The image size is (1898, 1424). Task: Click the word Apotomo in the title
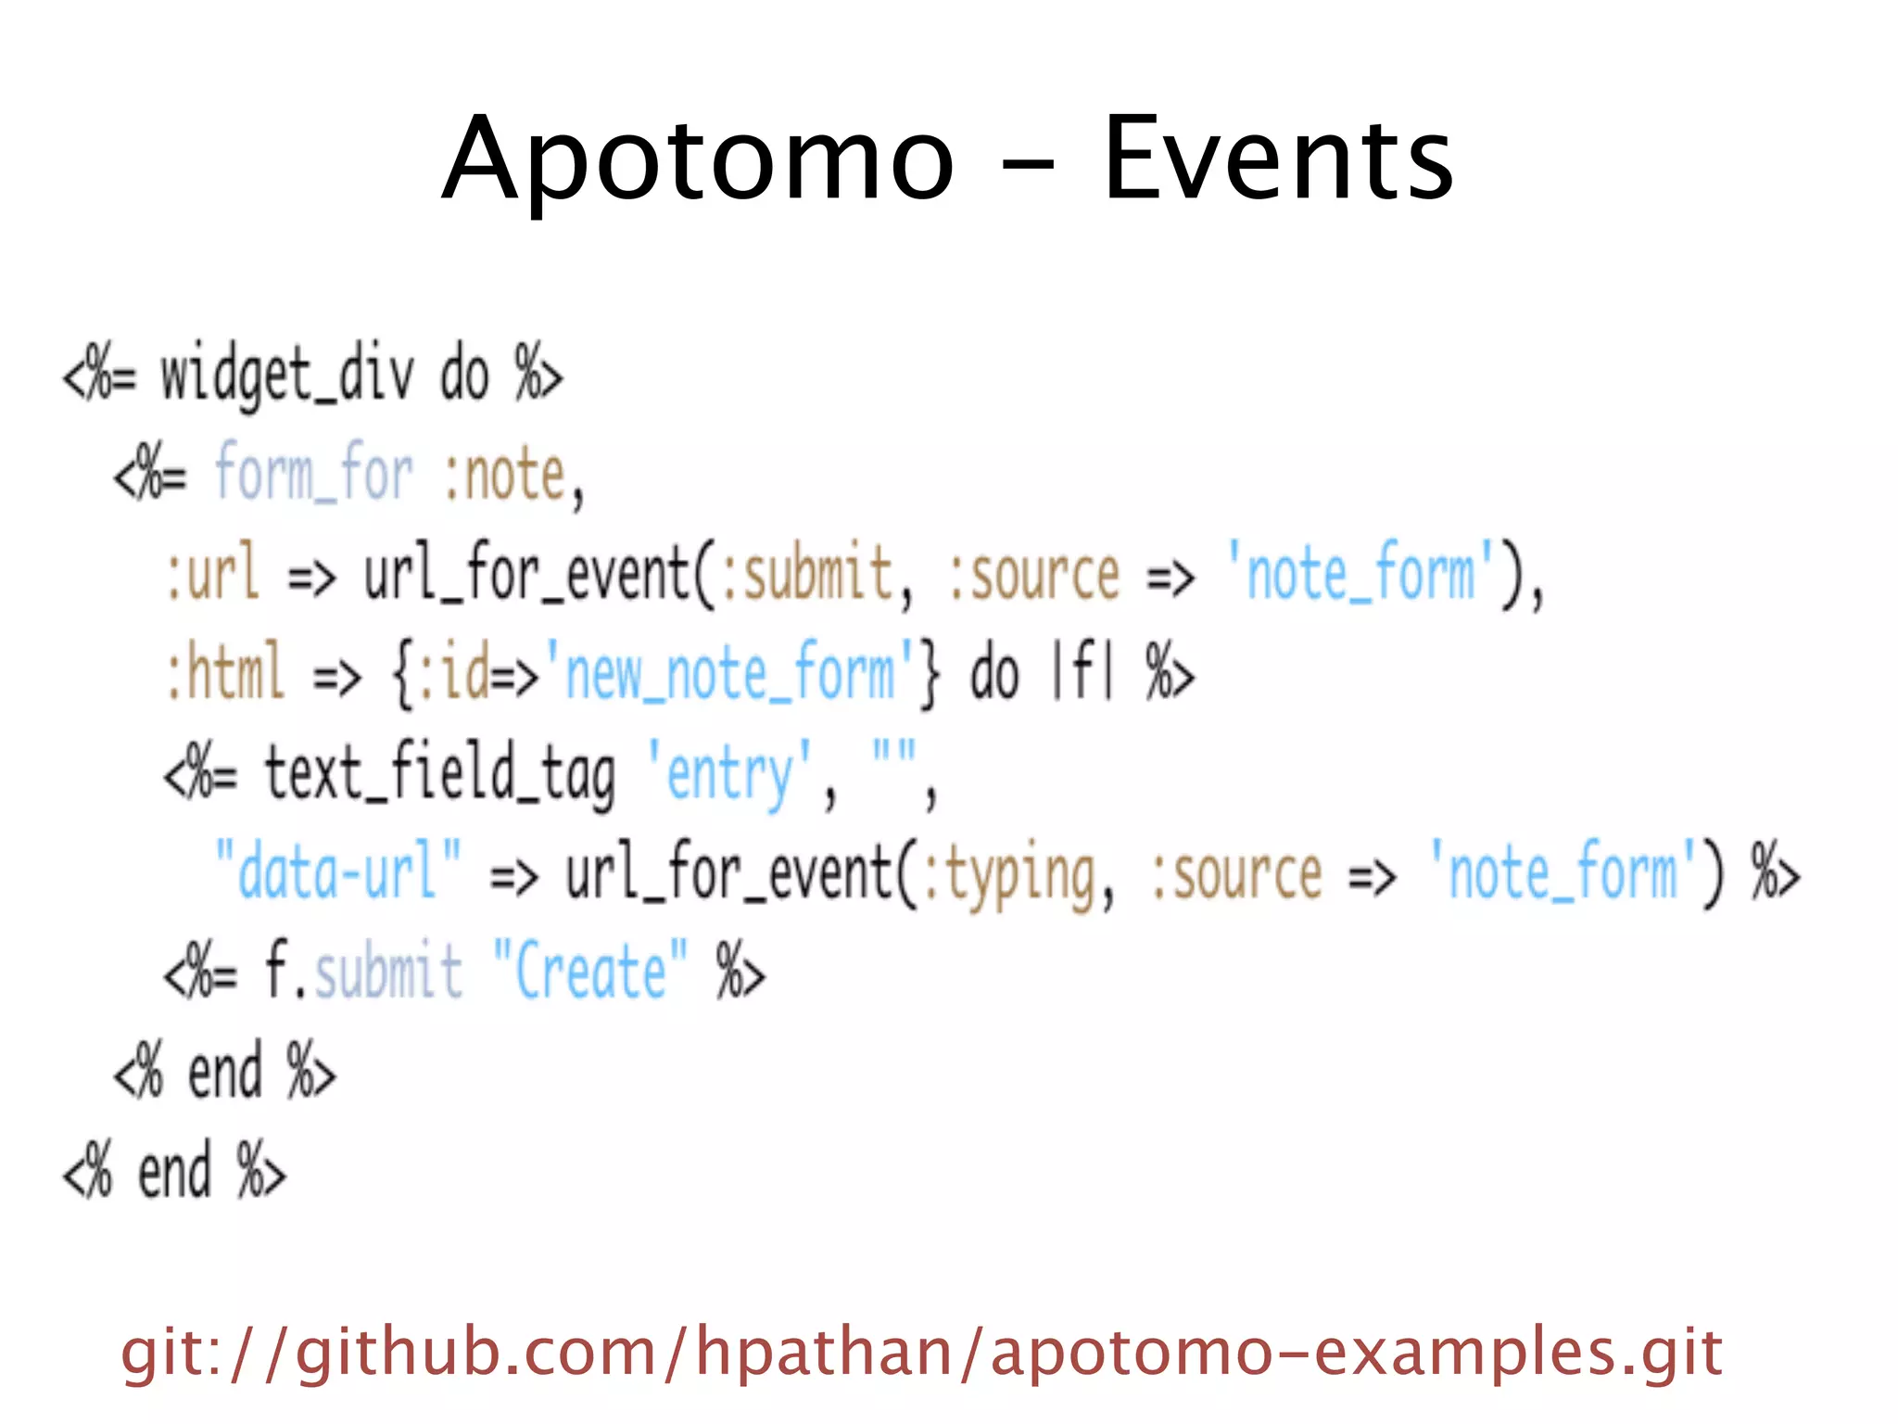[x=697, y=159]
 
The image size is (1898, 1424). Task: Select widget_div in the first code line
[x=287, y=375]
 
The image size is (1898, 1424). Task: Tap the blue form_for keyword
[x=313, y=474]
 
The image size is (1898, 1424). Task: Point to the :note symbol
[x=505, y=476]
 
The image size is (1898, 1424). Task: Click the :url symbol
[x=211, y=573]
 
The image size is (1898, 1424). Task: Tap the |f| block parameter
[x=1081, y=673]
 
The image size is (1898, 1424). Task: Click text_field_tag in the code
[x=439, y=773]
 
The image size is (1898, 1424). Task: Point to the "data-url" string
[x=337, y=871]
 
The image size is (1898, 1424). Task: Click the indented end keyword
[x=224, y=1073]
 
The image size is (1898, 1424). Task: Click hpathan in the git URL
[x=824, y=1352]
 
